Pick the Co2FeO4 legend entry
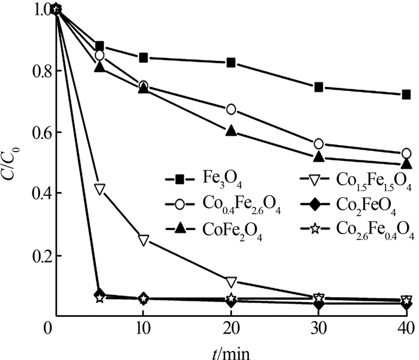[x=367, y=207]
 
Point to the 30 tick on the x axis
[x=318, y=328]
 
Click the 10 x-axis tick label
[x=143, y=328]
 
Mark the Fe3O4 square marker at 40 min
[x=406, y=95]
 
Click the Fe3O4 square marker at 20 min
[x=231, y=63]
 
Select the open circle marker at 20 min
[x=231, y=109]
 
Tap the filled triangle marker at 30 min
[x=319, y=158]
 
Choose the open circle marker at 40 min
[x=406, y=153]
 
